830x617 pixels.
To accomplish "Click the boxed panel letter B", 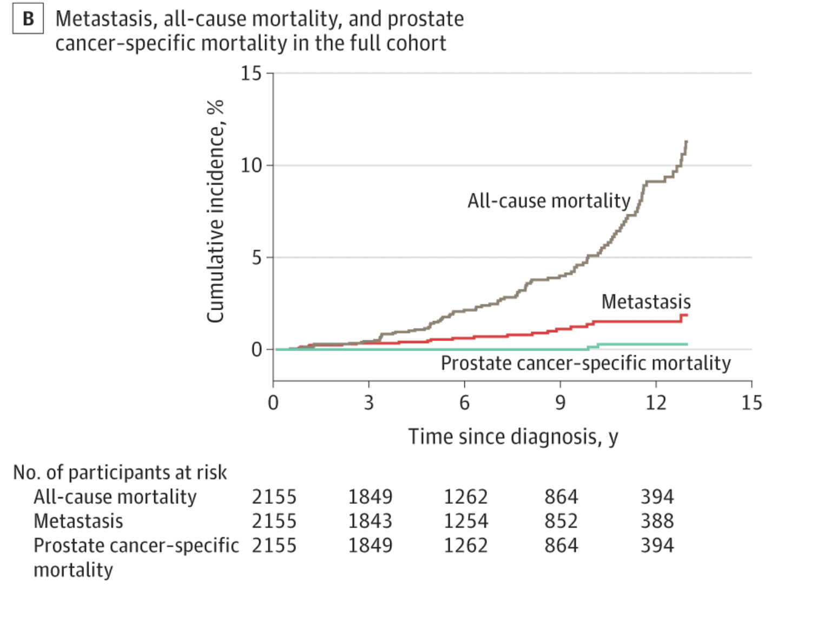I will click(x=28, y=19).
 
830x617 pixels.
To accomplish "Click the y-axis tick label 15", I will click(x=251, y=73).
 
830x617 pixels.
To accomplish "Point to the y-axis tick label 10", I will click(x=251, y=165).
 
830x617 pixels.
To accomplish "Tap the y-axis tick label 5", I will click(x=256, y=258).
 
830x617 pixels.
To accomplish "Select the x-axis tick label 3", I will click(x=368, y=403).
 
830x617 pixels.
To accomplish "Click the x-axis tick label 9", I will click(x=560, y=403).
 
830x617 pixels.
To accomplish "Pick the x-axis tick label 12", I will click(x=656, y=403).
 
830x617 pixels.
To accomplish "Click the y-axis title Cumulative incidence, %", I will click(x=215, y=211).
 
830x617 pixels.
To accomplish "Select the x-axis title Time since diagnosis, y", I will click(x=512, y=437).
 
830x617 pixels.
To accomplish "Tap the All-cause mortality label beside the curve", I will click(x=549, y=201).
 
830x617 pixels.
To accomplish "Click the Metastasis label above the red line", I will click(x=645, y=301).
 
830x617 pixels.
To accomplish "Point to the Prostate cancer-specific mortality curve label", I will click(x=585, y=363).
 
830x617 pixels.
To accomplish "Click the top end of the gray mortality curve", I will click(x=686, y=142).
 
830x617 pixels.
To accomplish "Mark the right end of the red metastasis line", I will click(x=687, y=315).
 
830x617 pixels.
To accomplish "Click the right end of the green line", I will click(x=687, y=344).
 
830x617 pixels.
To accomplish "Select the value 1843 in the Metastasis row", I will click(x=370, y=521).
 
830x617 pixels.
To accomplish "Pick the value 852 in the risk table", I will click(x=561, y=521).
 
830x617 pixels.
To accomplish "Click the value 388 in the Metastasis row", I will click(x=657, y=521).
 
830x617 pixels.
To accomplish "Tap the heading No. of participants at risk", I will click(x=120, y=472).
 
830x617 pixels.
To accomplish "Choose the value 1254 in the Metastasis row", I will click(x=466, y=521).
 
